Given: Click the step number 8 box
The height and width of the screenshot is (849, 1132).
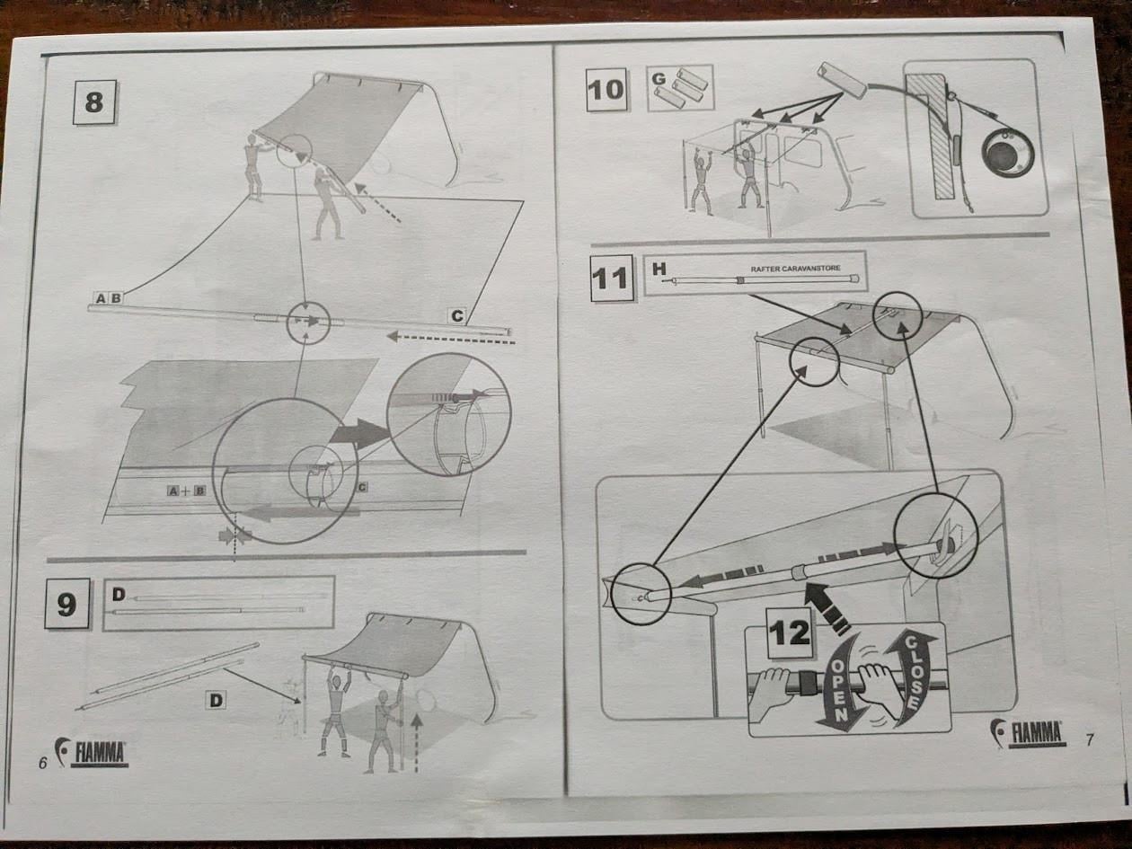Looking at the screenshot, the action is [x=93, y=102].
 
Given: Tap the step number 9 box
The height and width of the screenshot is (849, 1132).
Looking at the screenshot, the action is [x=67, y=604].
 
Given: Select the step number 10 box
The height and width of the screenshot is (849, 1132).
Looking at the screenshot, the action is [x=606, y=90].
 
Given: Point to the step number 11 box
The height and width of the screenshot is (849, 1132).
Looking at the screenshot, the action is [x=612, y=279].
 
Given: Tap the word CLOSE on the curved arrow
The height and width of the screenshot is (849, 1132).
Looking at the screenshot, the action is [x=911, y=672].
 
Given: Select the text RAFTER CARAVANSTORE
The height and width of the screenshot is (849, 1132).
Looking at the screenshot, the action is [x=796, y=269].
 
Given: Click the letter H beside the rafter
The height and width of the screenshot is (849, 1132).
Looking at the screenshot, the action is [x=659, y=269].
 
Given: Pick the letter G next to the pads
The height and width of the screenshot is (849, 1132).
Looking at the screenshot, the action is [x=659, y=79].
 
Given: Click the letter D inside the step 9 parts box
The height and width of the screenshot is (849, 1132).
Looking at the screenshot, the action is [x=119, y=595].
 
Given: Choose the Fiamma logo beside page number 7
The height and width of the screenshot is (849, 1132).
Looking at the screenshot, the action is [x=1028, y=732].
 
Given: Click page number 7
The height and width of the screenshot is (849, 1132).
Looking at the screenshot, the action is [x=1090, y=739].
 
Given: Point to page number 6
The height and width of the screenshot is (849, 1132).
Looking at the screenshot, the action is [x=43, y=763].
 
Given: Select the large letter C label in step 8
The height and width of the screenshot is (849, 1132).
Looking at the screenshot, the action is [x=457, y=315].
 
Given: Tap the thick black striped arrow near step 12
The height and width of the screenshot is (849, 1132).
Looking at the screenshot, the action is [x=826, y=606].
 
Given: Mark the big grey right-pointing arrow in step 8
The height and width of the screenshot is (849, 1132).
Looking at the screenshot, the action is [x=359, y=433].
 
